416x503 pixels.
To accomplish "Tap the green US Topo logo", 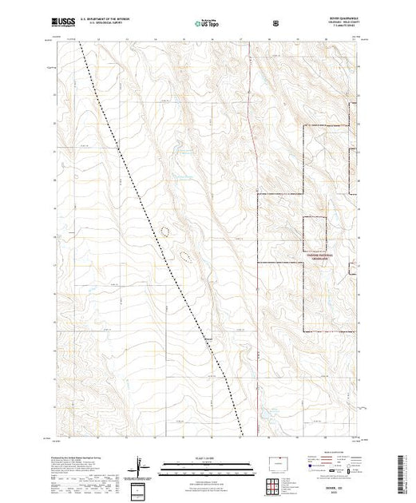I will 208,24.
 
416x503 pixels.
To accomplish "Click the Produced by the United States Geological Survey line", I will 77,461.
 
